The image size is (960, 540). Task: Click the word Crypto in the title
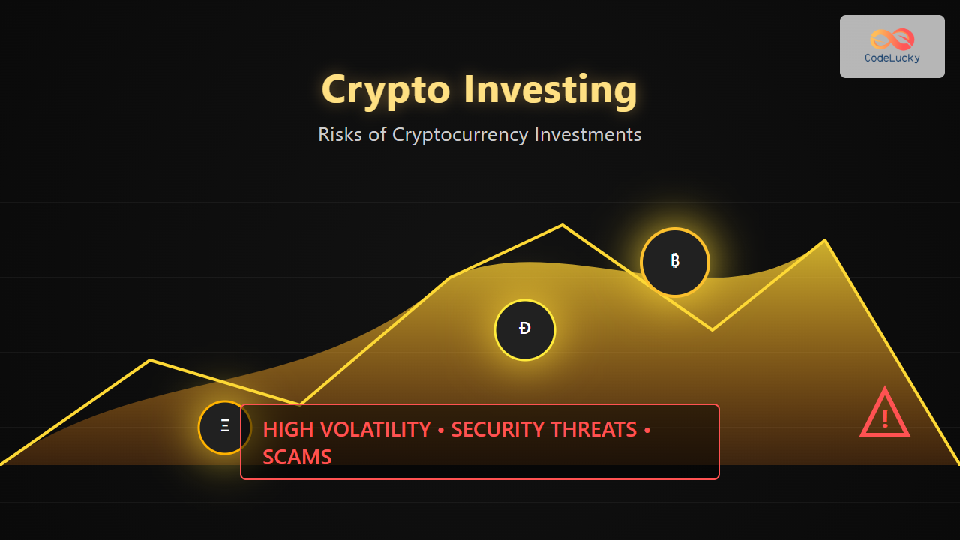(385, 90)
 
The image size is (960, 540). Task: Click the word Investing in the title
(550, 89)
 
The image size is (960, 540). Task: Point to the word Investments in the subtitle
(587, 134)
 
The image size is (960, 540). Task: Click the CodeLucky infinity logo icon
(892, 40)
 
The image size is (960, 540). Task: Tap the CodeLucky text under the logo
(892, 58)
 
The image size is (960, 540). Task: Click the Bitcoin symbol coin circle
(674, 262)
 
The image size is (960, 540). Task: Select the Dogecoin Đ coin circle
(524, 329)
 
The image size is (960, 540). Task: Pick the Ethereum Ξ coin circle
(224, 427)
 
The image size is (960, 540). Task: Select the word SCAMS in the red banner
(297, 457)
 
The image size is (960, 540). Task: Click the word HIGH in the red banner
(289, 430)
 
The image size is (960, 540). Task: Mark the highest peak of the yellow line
(562, 224)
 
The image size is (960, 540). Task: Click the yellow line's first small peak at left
(150, 360)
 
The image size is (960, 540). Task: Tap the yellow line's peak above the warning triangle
(825, 240)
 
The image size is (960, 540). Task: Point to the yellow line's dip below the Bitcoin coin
(712, 329)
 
